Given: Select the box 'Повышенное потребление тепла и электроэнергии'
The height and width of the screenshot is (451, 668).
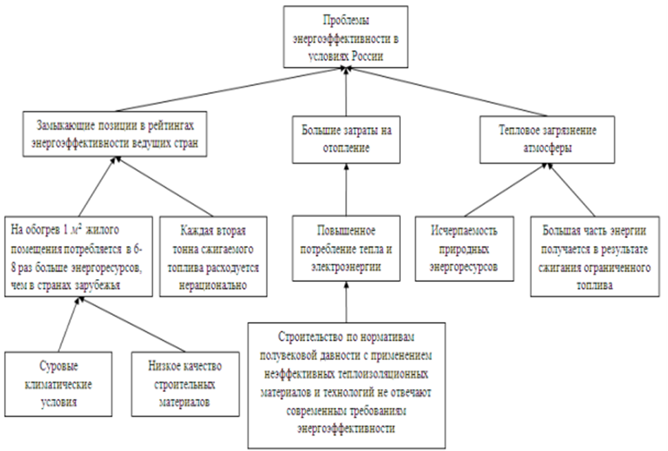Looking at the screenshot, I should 346,249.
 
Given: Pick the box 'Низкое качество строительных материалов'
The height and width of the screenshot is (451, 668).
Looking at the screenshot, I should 185,385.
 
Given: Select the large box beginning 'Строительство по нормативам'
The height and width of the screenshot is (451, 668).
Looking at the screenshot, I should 347,385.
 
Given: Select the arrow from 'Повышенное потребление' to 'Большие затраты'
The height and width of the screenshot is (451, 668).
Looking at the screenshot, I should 346,190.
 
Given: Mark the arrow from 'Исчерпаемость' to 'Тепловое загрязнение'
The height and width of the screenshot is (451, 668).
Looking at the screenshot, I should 505,191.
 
